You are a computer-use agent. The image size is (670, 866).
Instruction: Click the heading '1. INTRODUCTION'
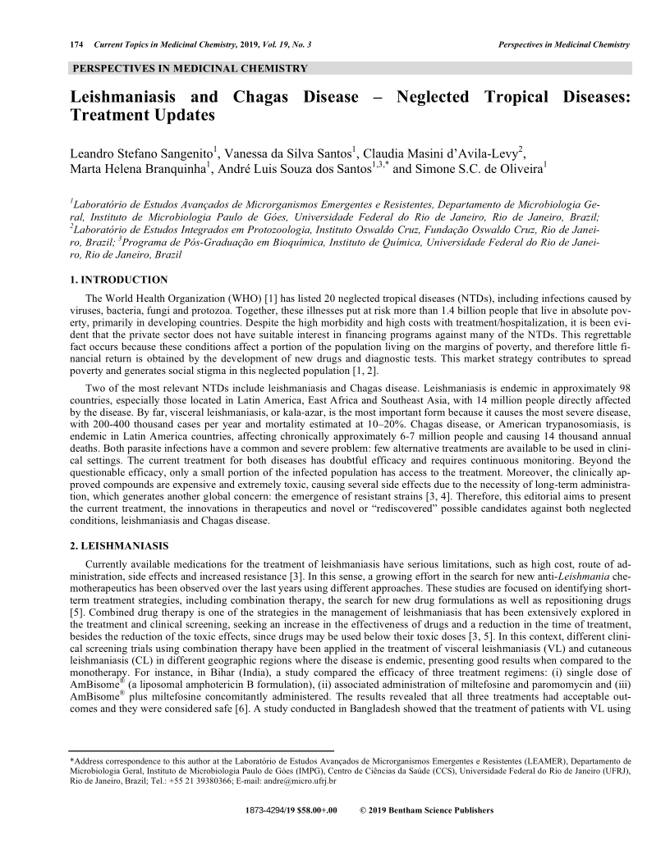coord(119,280)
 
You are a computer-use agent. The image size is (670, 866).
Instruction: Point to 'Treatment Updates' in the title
coord(144,116)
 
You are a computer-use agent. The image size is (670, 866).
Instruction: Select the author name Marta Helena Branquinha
coord(138,171)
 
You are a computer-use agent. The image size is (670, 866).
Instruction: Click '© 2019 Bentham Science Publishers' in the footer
coord(426,810)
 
